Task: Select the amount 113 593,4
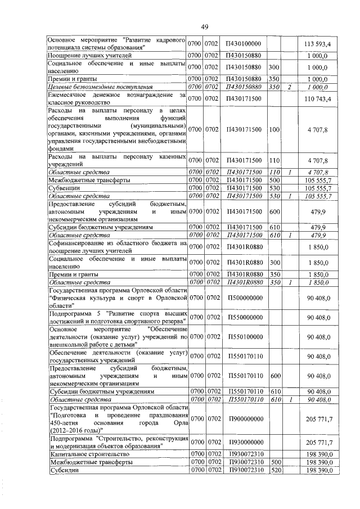317,44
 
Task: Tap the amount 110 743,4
317,99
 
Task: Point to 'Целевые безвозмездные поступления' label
100,87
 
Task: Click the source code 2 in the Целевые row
289,87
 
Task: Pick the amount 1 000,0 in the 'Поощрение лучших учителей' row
317,56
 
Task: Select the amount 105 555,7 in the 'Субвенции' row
317,187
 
